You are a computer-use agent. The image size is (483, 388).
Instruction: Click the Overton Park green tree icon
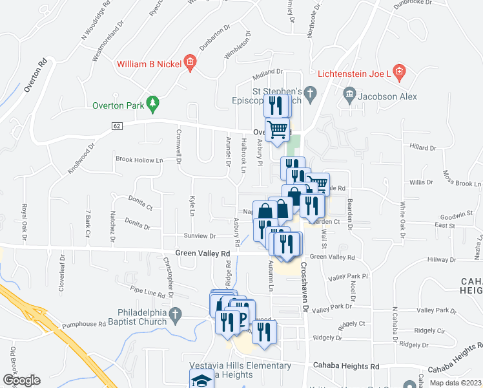(152, 103)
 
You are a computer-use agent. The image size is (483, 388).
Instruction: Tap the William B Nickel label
(149, 64)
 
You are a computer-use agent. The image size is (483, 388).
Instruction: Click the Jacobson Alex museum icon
(350, 95)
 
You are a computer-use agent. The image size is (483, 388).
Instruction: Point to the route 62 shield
(116, 125)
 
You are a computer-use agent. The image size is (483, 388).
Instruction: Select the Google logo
(21, 380)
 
